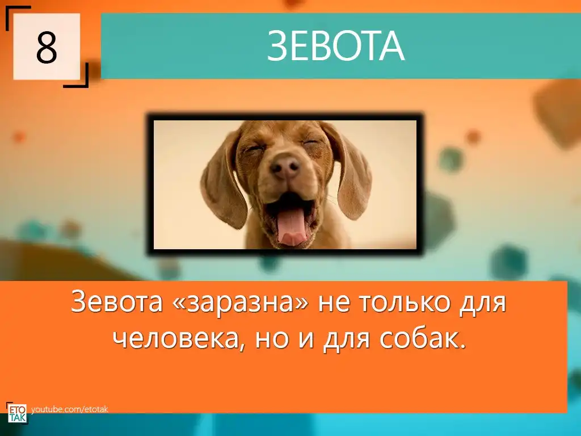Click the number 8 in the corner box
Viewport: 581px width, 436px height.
pyautogui.click(x=47, y=48)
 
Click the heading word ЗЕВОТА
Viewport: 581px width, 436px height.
pyautogui.click(x=336, y=46)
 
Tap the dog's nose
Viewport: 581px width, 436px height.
pyautogui.click(x=285, y=166)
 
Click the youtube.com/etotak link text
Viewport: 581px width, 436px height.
pyautogui.click(x=70, y=409)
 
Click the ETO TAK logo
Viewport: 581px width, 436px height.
pyautogui.click(x=17, y=412)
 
